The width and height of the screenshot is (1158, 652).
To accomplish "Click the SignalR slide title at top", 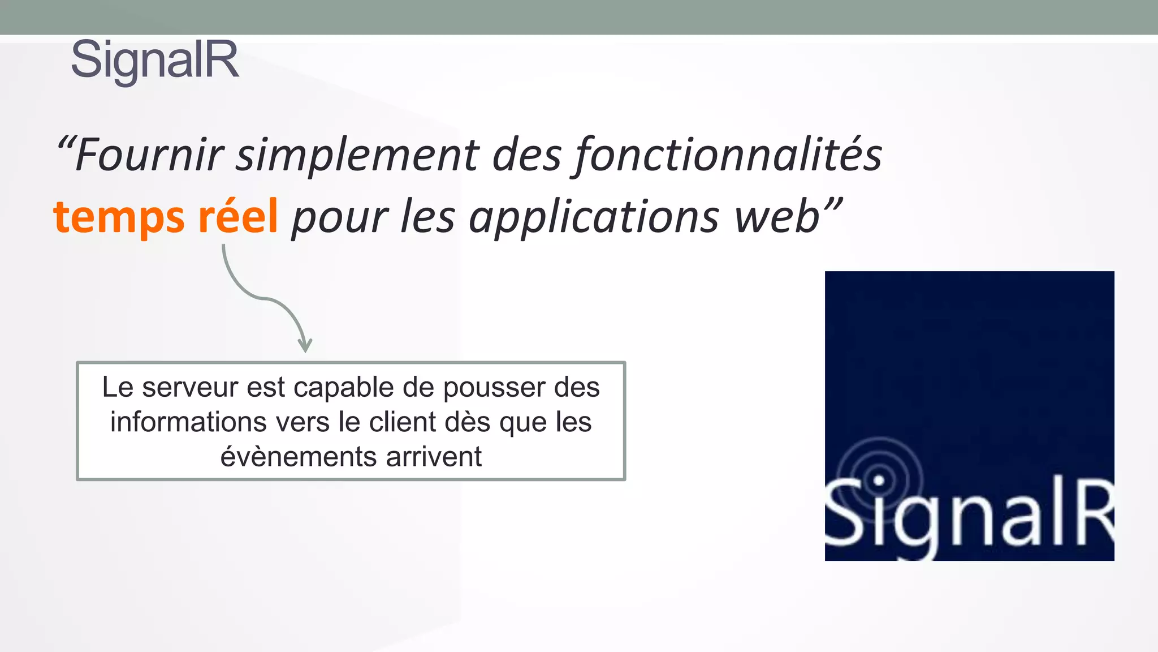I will [x=155, y=60].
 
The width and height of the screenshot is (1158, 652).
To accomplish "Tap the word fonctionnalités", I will [x=728, y=155].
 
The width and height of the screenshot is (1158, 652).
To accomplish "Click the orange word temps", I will [x=119, y=217].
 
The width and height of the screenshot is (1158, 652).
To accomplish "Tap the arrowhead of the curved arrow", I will [x=305, y=345].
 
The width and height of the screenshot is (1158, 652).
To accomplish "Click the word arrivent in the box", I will [x=434, y=456].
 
